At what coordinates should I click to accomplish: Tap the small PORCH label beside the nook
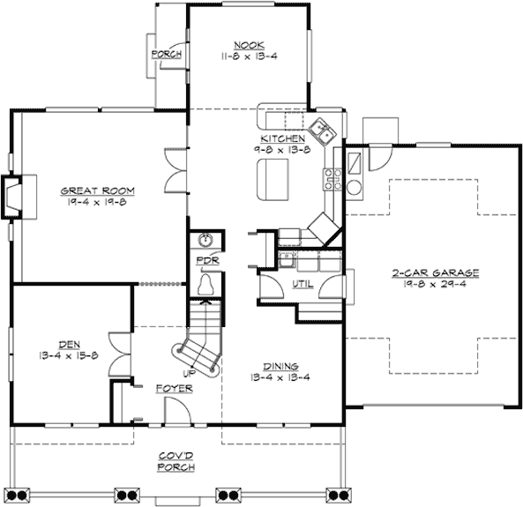coord(166,55)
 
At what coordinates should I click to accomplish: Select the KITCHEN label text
coord(282,139)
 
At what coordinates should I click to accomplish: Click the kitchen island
coord(273,180)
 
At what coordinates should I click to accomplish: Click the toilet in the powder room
coord(206,284)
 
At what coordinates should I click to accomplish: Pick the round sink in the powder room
coord(206,241)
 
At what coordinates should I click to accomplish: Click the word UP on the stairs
coord(189,350)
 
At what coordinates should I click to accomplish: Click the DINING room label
coord(281,366)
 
